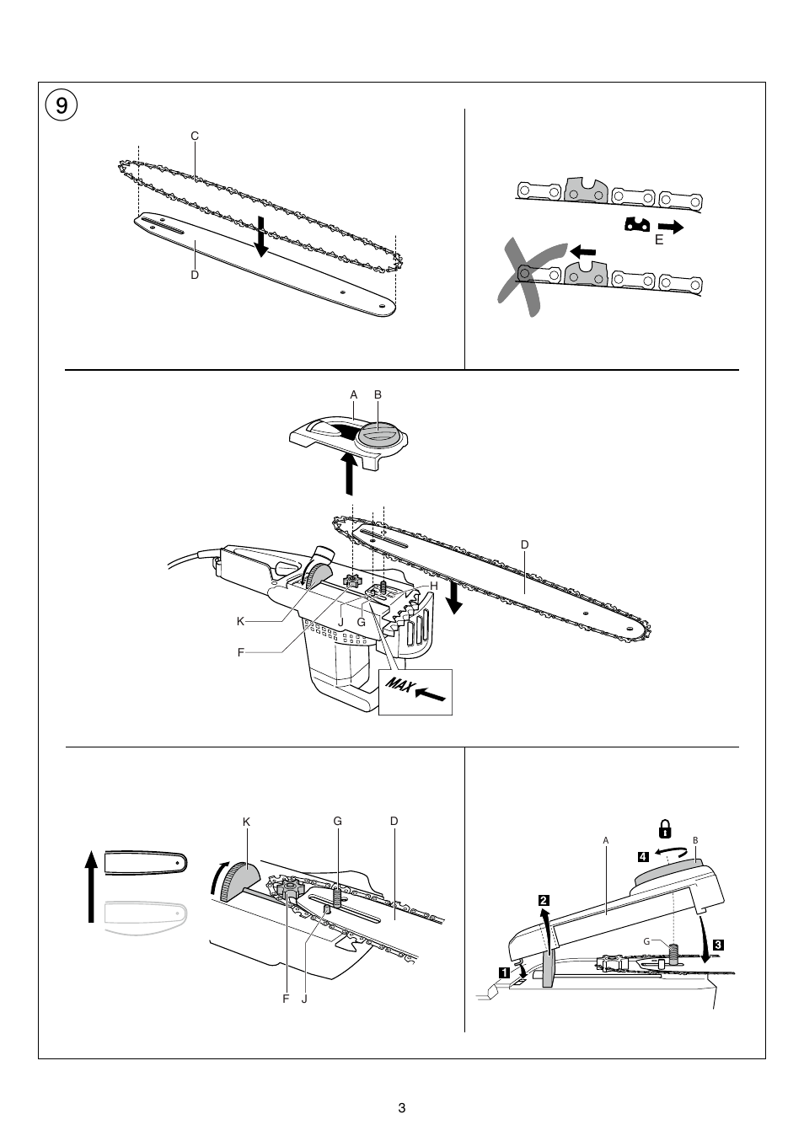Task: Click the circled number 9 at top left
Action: (61, 105)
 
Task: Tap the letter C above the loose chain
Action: (194, 136)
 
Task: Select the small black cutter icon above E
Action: (638, 225)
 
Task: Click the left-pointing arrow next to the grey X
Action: (582, 250)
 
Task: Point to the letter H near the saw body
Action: (434, 585)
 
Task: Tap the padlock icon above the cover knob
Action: (665, 831)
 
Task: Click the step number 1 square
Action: (503, 971)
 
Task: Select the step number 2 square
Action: (544, 900)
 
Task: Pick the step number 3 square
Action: (717, 944)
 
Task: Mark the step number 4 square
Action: (643, 856)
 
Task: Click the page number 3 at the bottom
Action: (402, 1107)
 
